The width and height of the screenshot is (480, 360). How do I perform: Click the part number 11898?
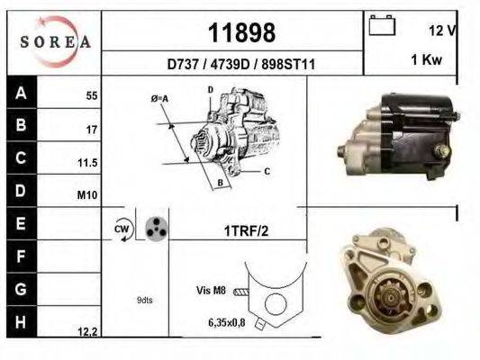(x=241, y=33)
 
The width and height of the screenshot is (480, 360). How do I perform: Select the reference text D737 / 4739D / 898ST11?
(x=240, y=64)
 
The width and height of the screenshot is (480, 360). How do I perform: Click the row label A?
(x=20, y=93)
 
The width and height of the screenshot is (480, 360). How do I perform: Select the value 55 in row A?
(x=91, y=95)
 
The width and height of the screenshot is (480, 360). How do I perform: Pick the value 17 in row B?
(x=91, y=130)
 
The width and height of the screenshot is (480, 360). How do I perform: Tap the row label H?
(x=20, y=322)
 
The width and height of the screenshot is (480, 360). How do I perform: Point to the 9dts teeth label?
(x=144, y=300)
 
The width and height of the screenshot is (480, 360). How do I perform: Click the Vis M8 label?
(x=209, y=290)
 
